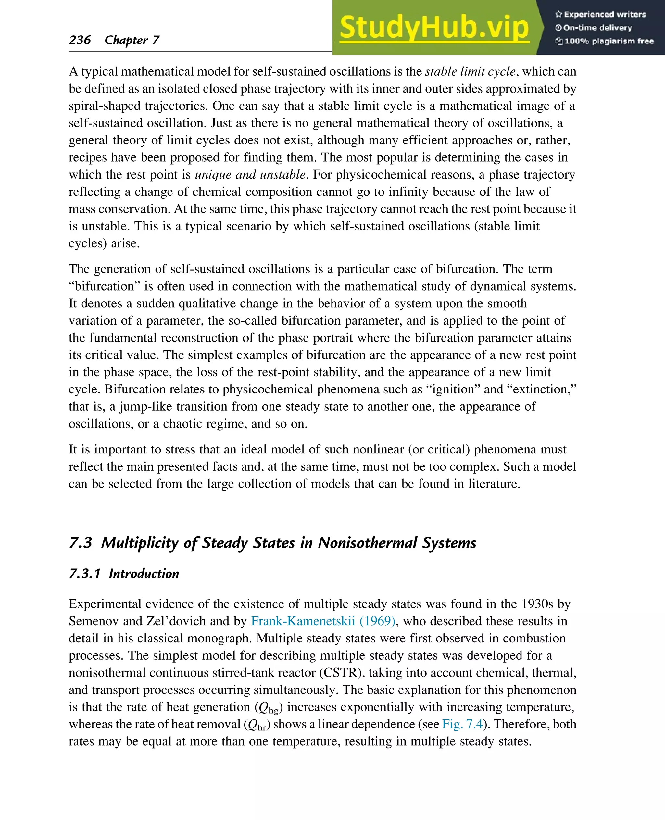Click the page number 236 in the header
point(80,40)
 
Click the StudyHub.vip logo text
point(434,28)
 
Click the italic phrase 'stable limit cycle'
point(470,72)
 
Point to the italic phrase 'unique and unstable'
point(250,175)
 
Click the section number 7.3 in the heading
point(81,543)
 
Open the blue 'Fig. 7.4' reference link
point(462,724)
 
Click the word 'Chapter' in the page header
point(126,40)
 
